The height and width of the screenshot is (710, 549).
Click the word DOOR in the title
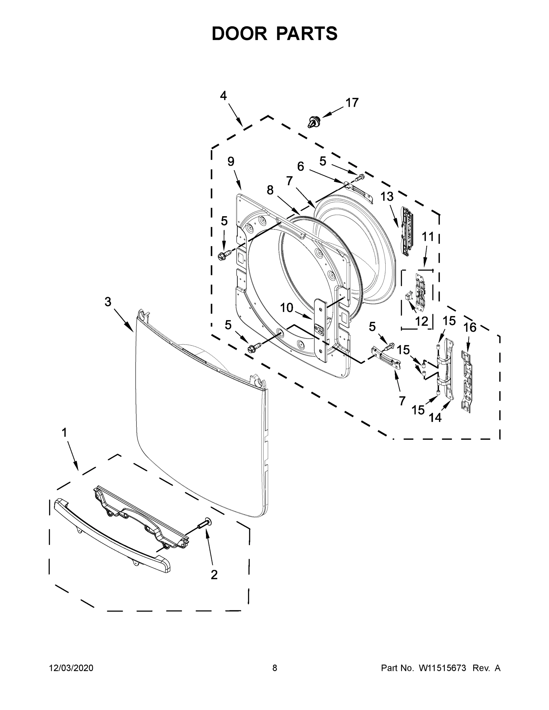[x=239, y=34]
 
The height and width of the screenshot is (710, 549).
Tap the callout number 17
[x=352, y=103]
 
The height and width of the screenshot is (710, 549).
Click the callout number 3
[x=108, y=302]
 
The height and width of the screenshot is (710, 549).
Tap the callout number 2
[x=214, y=575]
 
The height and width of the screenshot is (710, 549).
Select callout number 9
[x=231, y=162]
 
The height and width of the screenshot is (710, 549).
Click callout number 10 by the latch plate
[x=286, y=308]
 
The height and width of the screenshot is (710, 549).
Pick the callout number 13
[x=387, y=197]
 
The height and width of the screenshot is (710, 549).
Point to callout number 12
[x=421, y=322]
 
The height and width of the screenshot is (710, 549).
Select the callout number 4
[x=223, y=96]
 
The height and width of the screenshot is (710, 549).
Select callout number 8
[x=270, y=190]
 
